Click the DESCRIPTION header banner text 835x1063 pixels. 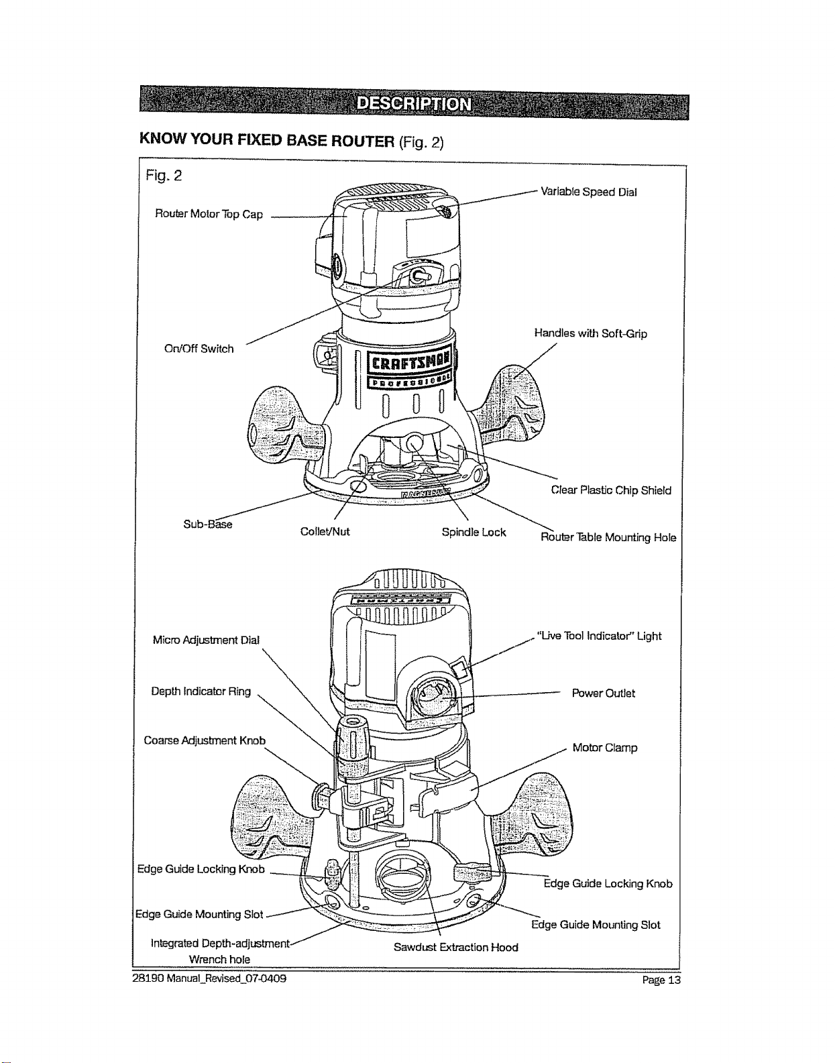click(414, 104)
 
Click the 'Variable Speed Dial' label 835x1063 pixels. click(588, 192)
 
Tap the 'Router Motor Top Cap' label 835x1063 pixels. click(209, 214)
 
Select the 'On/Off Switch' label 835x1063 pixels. click(199, 349)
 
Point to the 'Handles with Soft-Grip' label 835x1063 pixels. click(590, 333)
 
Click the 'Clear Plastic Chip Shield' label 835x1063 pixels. click(611, 490)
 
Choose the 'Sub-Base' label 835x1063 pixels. click(208, 524)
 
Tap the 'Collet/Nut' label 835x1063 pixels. click(325, 532)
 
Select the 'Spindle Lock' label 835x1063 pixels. click(474, 533)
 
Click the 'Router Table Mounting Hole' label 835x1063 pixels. click(608, 538)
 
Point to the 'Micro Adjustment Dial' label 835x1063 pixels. click(206, 640)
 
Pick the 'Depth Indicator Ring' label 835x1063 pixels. click(201, 691)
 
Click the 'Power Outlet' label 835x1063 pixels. click(604, 693)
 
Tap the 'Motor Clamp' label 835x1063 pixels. click(605, 748)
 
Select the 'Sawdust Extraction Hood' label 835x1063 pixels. click(456, 947)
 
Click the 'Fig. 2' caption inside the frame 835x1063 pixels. click(164, 176)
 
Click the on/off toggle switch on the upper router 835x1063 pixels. click(419, 275)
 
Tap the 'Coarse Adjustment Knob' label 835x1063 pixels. click(205, 740)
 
